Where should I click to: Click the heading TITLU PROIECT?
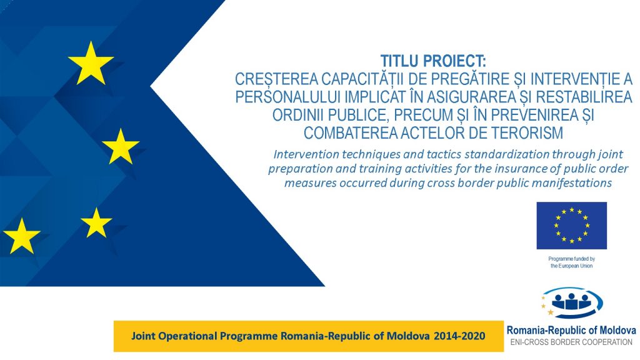[x=433, y=61]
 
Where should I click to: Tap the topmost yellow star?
[x=91, y=64]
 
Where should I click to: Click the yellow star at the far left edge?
[x=22, y=236]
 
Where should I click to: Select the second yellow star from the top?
[x=121, y=146]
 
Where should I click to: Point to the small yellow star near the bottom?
[x=96, y=223]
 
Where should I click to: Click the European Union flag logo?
[x=571, y=225]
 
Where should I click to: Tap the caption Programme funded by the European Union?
[x=571, y=262]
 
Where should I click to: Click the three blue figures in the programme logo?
[x=571, y=302]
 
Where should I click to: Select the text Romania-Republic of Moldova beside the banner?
[x=571, y=330]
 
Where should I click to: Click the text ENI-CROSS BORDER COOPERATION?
[x=571, y=342]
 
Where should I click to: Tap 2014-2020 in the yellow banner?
[x=459, y=336]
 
